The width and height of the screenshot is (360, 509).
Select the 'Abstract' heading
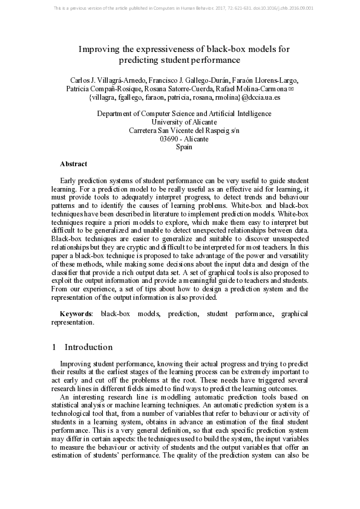pos(73,164)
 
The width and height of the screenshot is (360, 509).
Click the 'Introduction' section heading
pos(88,347)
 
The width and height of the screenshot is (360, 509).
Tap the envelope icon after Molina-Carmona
pos(291,88)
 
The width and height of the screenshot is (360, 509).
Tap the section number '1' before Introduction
pos(54,347)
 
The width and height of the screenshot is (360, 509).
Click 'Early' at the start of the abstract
pos(69,181)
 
